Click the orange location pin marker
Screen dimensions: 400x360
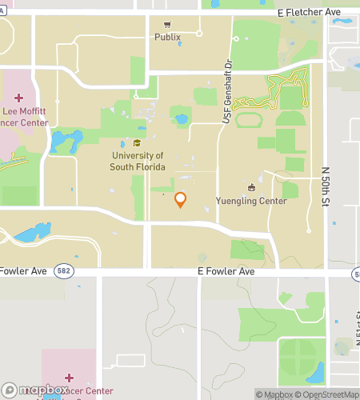(180, 199)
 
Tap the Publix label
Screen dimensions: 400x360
(167, 37)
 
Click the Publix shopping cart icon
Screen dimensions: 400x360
(167, 25)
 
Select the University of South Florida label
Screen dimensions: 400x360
(138, 161)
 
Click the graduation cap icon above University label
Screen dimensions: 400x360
(138, 143)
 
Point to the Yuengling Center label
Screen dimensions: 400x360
(251, 202)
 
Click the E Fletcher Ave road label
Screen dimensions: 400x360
(308, 14)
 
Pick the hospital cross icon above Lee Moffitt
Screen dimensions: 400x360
(19, 98)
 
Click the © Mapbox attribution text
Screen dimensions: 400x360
(274, 394)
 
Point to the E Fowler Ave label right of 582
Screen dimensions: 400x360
(226, 272)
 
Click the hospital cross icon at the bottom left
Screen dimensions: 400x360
(69, 377)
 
